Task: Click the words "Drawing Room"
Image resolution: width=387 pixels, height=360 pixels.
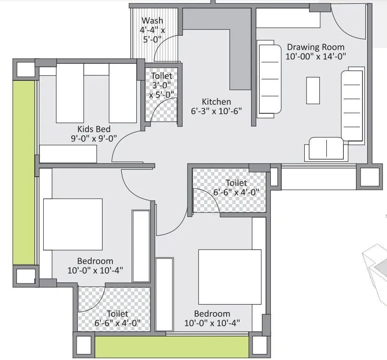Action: pos(316,47)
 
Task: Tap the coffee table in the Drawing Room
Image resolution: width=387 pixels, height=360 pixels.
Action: pos(313,90)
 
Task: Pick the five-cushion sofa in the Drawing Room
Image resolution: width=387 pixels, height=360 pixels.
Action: pos(352,105)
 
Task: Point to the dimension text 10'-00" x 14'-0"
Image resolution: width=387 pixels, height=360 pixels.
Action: pos(316,56)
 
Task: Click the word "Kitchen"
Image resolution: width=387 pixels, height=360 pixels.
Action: pos(216,102)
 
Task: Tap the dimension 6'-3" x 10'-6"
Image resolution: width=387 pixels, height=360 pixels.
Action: pos(216,111)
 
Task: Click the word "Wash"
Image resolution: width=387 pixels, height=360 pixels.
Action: pos(152,21)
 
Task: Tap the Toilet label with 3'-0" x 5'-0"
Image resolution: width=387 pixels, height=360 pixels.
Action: pos(161,76)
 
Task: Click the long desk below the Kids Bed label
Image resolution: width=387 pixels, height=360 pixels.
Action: pos(68,154)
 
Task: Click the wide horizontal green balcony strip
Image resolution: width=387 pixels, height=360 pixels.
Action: pos(172,347)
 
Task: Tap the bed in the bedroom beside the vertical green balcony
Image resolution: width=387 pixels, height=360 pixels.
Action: pos(73,224)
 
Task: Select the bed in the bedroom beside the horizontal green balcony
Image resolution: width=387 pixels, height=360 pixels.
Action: pos(229,277)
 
